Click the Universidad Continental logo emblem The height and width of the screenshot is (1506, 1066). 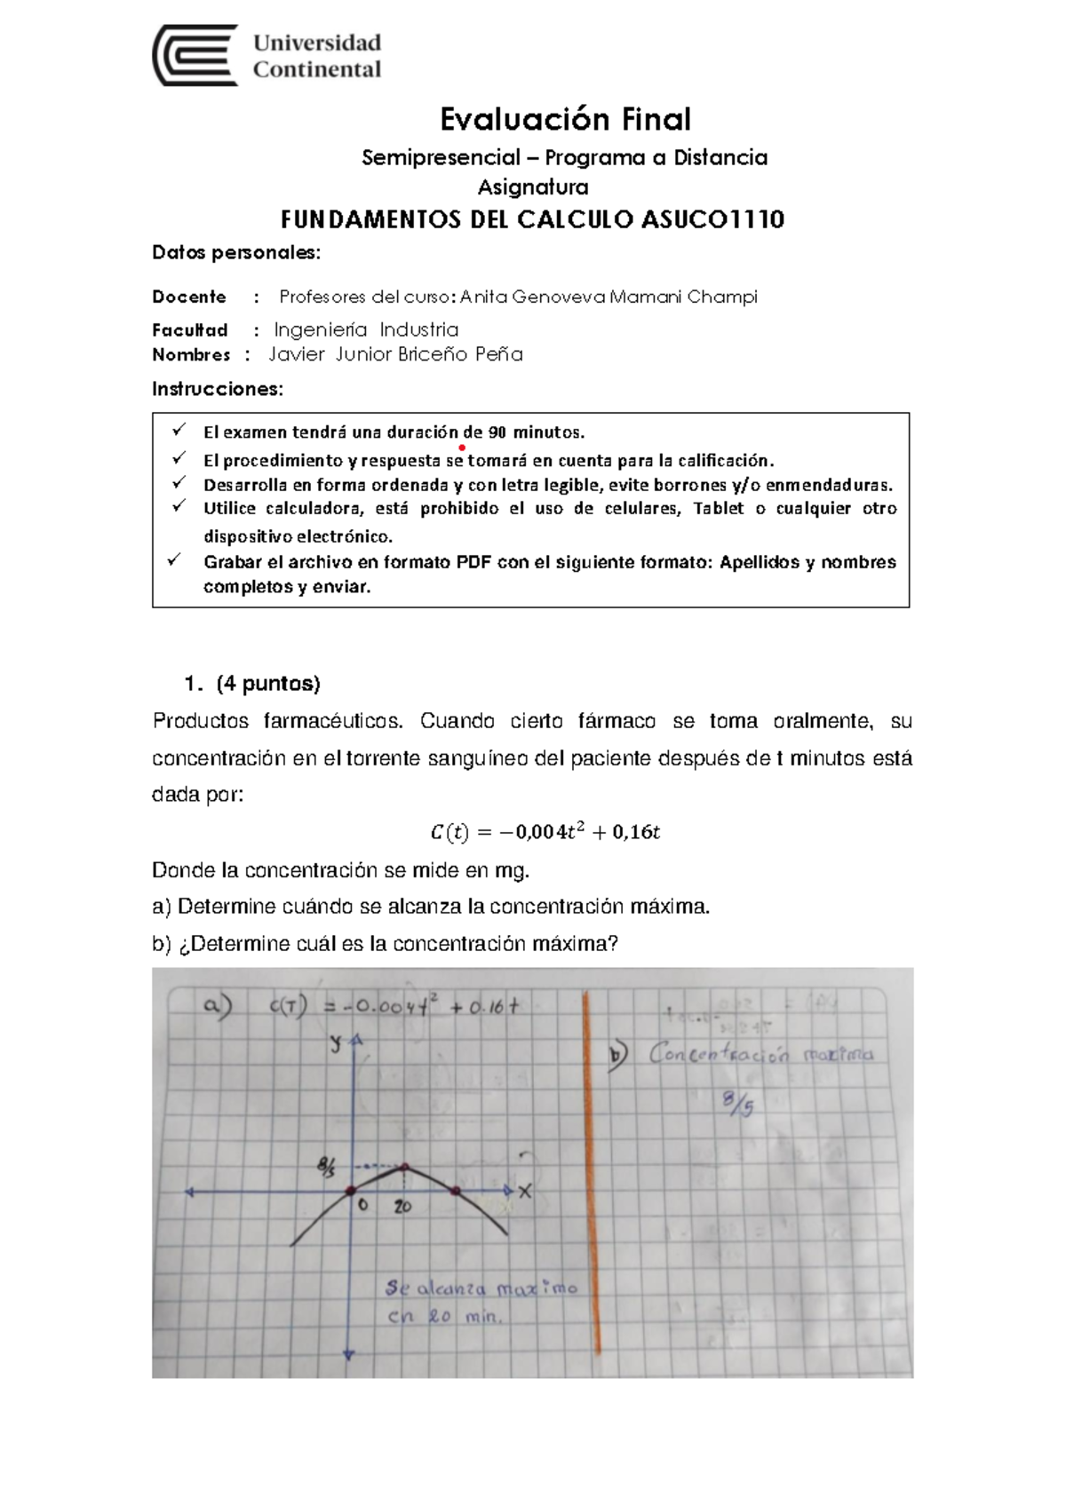point(195,55)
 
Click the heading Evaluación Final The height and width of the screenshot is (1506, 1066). point(566,119)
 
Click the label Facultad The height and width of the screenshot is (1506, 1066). point(189,330)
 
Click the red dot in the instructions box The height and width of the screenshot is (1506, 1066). point(463,448)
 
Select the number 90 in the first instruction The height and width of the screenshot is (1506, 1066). point(497,432)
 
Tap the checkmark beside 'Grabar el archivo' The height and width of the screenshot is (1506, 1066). point(175,560)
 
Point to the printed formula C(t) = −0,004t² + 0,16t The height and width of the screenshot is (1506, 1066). point(545,832)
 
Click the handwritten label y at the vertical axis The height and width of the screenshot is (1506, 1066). point(336,1044)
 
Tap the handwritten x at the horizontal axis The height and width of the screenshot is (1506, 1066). point(525,1193)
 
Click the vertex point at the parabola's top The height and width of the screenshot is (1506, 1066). point(405,1169)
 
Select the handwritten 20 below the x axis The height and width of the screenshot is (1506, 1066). point(402,1208)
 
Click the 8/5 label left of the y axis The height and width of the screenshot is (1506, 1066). point(326,1165)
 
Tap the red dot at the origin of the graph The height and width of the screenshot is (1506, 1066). point(351,1191)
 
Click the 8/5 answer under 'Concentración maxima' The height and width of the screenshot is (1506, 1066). point(737,1104)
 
